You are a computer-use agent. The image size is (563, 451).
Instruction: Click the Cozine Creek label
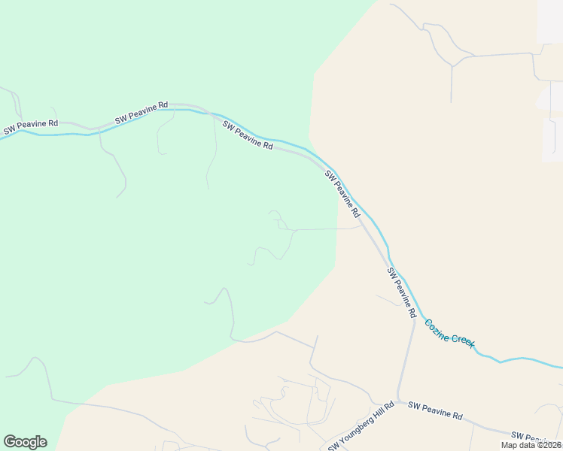[x=449, y=333]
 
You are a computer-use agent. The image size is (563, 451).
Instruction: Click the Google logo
[x=25, y=442]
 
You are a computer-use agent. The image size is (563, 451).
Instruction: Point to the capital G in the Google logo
[x=10, y=441]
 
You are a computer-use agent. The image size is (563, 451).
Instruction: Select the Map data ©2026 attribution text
[x=531, y=445]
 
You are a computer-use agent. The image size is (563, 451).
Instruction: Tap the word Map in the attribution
[x=510, y=445]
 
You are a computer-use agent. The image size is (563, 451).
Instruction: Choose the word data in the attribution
[x=527, y=445]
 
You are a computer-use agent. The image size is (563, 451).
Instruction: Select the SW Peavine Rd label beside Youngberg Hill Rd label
[x=435, y=410]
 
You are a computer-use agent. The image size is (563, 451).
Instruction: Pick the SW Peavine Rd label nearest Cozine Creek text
[x=401, y=292]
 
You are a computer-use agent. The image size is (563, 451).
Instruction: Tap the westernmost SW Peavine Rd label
[x=31, y=126]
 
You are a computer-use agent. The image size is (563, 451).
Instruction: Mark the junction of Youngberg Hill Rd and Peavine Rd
[x=399, y=401]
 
